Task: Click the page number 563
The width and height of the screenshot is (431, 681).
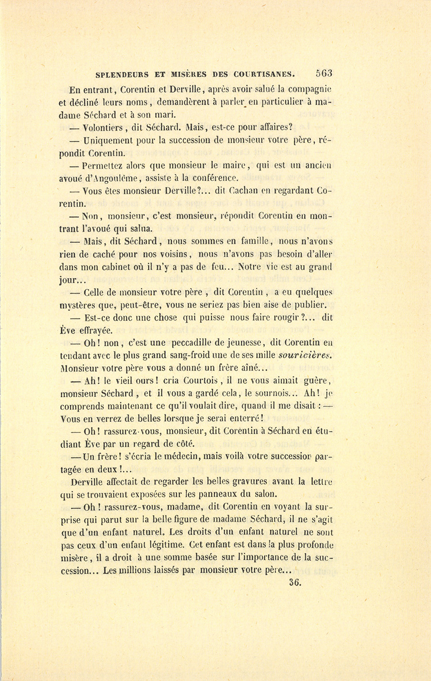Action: [x=324, y=74]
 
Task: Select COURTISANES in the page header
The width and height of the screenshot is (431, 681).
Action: [x=264, y=75]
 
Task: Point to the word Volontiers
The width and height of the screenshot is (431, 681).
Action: [x=104, y=128]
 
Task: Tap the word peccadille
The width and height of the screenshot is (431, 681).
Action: [x=192, y=342]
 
